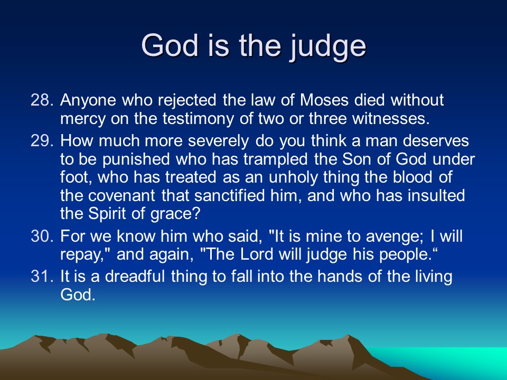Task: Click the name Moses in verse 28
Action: (x=324, y=100)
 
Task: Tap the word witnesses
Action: (x=391, y=119)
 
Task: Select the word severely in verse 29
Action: (x=218, y=141)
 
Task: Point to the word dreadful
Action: (x=135, y=277)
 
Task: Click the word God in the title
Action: (x=170, y=45)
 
